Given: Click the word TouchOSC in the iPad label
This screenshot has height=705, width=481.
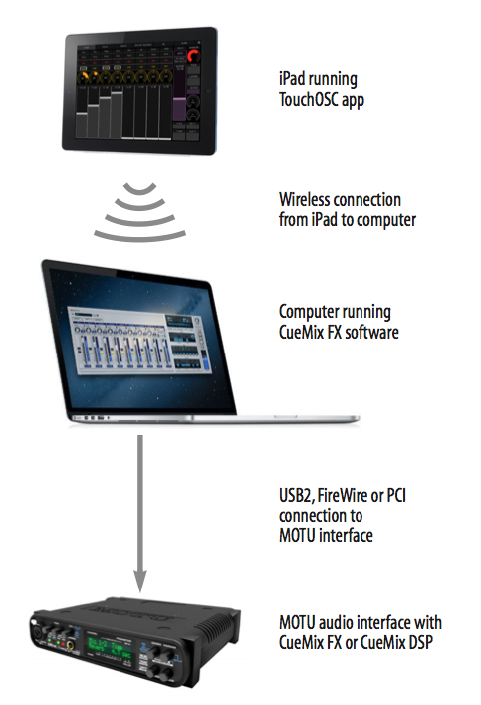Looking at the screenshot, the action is click(309, 99).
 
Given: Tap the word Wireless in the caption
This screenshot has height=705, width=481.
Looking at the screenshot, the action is click(305, 199).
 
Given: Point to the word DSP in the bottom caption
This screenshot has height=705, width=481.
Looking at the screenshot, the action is click(419, 642).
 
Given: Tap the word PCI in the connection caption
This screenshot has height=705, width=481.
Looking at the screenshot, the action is click(396, 495).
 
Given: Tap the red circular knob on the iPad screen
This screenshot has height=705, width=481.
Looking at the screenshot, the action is click(194, 56).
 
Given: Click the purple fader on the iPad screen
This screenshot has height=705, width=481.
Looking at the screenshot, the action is click(180, 108).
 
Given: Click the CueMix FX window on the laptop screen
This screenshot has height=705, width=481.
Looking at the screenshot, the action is click(138, 339).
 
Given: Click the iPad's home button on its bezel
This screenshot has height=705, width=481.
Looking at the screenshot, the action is click(208, 91).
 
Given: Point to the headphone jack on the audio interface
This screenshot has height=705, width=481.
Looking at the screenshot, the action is click(71, 646).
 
